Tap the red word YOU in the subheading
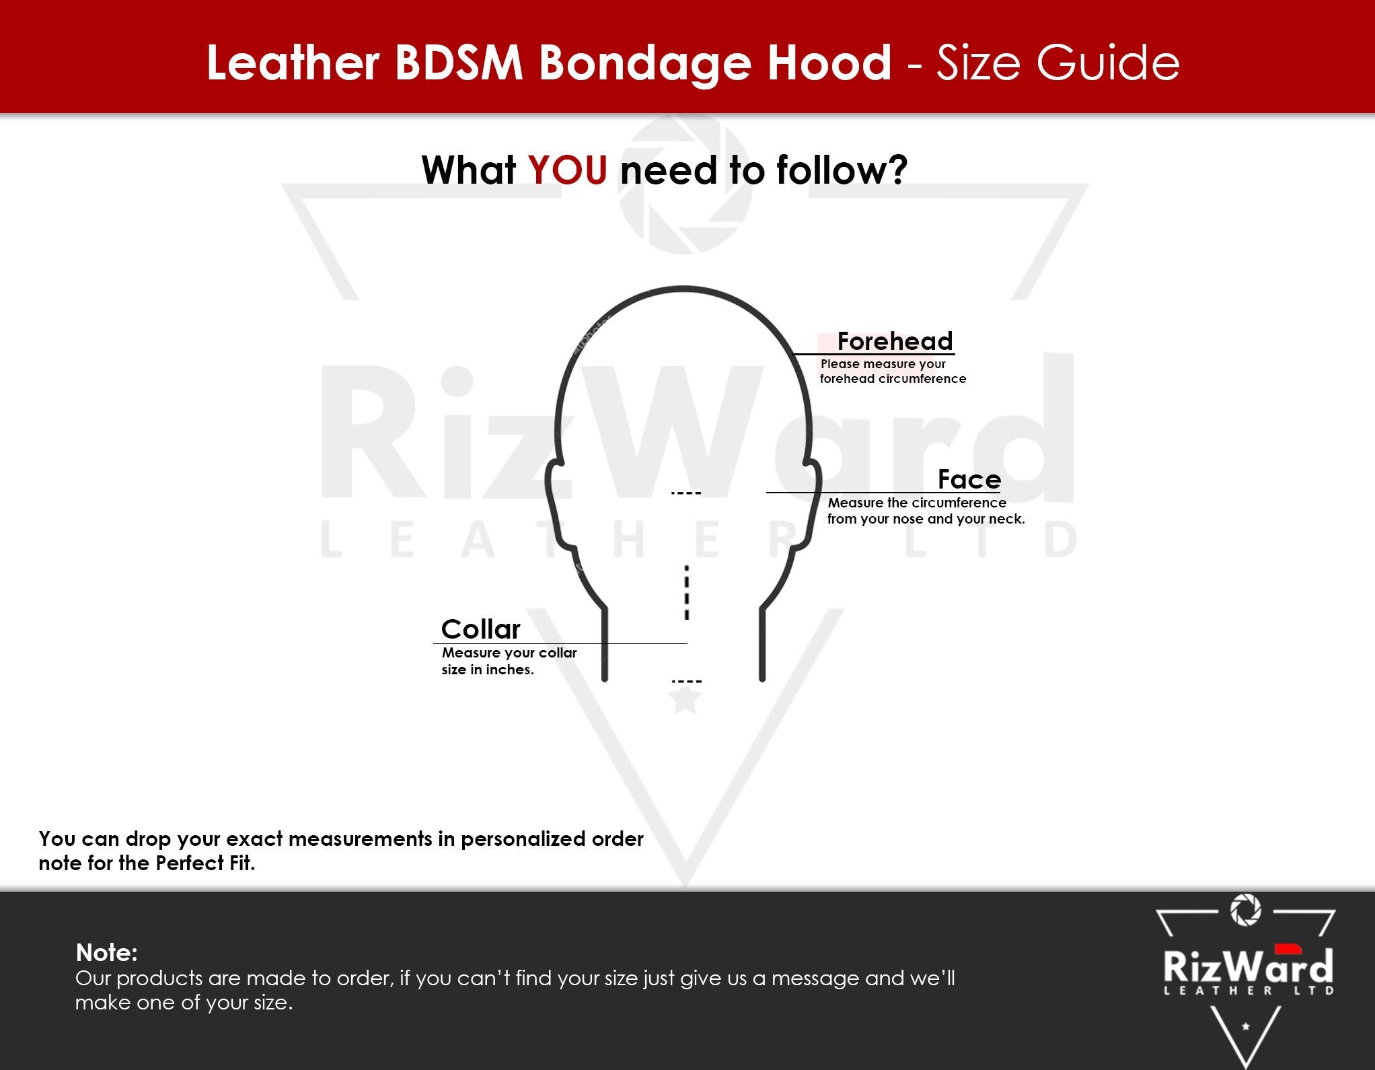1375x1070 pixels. point(567,170)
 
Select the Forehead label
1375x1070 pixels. point(895,341)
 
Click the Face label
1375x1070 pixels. point(969,479)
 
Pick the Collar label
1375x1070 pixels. point(480,629)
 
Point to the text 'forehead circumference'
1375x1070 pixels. point(893,379)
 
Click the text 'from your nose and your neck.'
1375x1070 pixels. point(926,519)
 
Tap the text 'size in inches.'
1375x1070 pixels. point(488,670)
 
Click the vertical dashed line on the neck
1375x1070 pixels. point(686,592)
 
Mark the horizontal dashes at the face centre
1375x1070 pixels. point(686,493)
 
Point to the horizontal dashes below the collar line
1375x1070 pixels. point(686,682)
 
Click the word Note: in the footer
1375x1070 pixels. point(106,952)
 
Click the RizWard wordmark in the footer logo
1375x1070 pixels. point(1248,965)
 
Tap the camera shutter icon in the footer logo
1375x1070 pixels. point(1245,910)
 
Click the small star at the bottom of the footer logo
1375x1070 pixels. point(1245,1026)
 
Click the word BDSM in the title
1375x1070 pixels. point(459,63)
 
